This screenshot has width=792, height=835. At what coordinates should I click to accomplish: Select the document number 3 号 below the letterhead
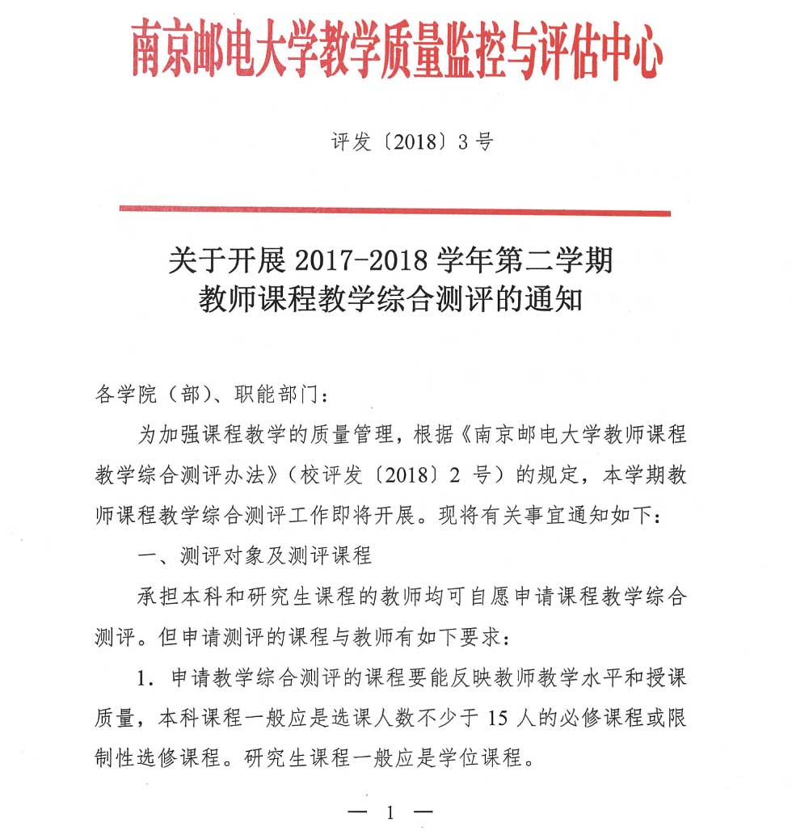(x=475, y=143)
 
